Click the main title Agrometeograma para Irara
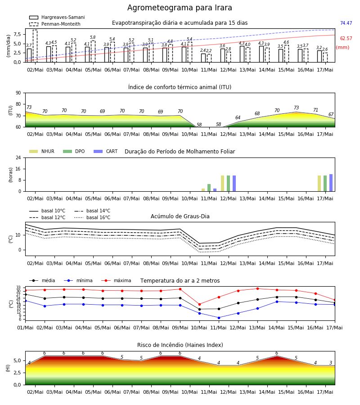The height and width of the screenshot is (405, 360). tap(180, 8)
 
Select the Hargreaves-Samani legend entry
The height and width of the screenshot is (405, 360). tap(57, 17)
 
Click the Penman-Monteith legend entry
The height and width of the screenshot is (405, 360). tap(55, 24)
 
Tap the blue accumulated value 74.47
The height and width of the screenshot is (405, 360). tap(346, 23)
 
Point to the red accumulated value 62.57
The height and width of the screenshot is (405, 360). tap(346, 39)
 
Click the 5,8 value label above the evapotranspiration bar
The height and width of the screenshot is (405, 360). tap(93, 37)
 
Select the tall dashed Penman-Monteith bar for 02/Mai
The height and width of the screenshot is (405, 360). tap(35, 46)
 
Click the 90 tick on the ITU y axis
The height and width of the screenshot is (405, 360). tap(18, 93)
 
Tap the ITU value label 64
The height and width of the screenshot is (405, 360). tap(238, 117)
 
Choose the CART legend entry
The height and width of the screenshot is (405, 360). tap(106, 151)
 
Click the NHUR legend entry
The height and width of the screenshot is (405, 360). tap(42, 151)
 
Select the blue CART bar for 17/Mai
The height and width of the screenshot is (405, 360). tap(331, 183)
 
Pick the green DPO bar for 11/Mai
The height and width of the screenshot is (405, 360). tap(209, 188)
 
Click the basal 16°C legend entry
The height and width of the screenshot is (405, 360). tap(92, 217)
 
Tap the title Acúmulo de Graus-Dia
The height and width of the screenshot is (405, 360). tap(180, 216)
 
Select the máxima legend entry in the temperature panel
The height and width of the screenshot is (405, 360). tap(116, 280)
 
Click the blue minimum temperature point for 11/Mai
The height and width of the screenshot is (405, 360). tap(219, 318)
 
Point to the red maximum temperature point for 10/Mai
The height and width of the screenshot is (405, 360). tap(199, 304)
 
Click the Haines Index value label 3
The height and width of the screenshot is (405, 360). tap(331, 363)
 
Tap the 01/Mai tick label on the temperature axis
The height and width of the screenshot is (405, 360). tap(25, 328)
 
